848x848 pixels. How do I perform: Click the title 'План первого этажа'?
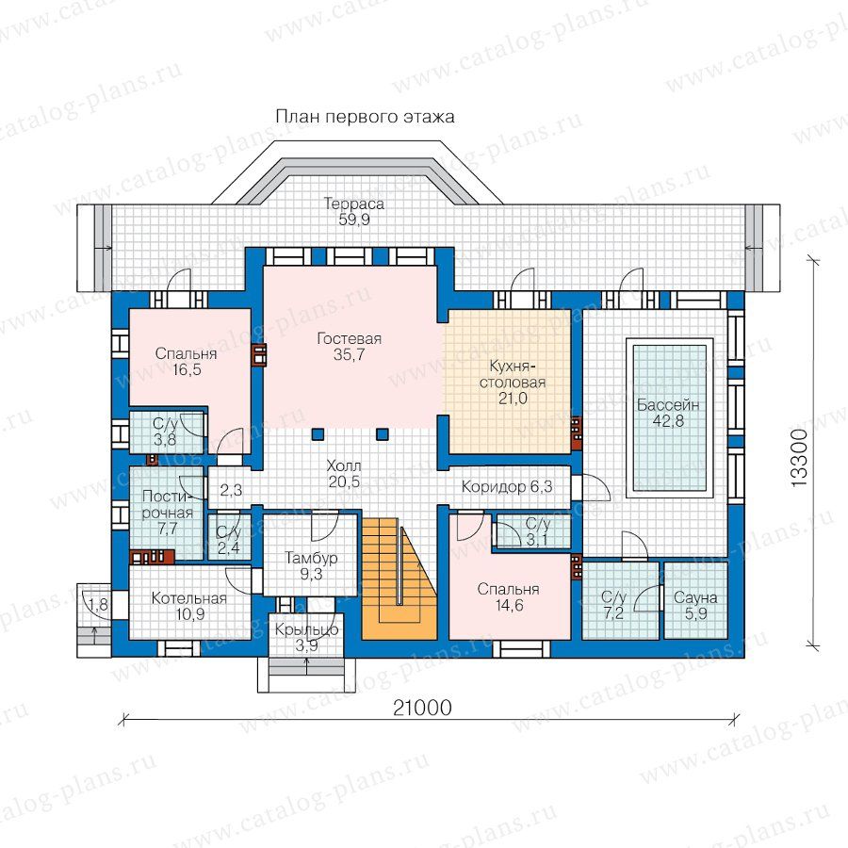[365, 117]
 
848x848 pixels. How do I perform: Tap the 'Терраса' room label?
[353, 204]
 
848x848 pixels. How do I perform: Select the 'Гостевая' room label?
[350, 338]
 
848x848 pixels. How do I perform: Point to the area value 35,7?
[350, 355]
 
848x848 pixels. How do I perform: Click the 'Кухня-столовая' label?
[513, 374]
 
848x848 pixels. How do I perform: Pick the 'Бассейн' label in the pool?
[668, 404]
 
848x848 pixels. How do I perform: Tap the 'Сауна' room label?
[695, 597]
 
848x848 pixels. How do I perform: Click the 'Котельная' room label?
[188, 598]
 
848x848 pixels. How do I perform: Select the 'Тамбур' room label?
[311, 558]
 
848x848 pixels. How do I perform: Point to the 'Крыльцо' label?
[306, 629]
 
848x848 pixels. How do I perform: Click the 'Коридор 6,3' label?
[507, 487]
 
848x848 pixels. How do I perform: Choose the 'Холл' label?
[344, 465]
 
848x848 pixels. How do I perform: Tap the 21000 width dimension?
[422, 708]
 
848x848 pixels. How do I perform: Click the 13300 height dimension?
[799, 458]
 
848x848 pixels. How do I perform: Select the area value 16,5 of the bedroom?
[187, 370]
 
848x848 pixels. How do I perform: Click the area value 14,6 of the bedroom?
[509, 605]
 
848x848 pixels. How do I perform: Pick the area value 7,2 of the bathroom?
[613, 613]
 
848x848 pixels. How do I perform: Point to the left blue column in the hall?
[318, 433]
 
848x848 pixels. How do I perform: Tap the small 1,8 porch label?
[98, 605]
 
